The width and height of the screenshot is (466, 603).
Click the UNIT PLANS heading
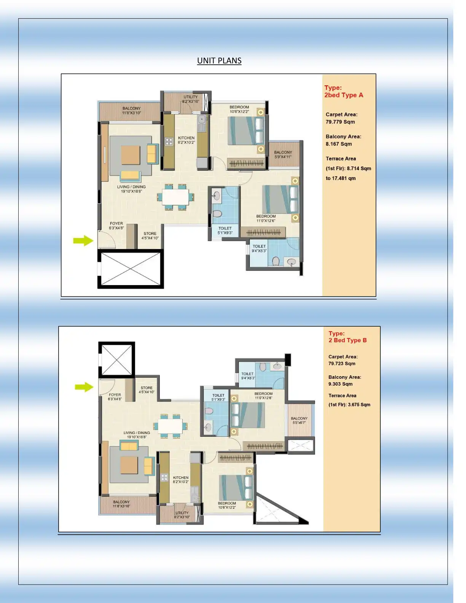(x=219, y=61)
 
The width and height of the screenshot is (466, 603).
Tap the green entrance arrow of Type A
(x=83, y=241)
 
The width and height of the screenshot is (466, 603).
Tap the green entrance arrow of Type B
(x=84, y=387)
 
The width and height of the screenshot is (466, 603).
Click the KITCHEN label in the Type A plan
(x=186, y=138)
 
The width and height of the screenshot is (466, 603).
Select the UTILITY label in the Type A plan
(x=191, y=97)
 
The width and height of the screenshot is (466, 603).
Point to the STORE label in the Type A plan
(x=150, y=234)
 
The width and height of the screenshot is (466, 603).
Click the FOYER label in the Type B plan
(x=115, y=395)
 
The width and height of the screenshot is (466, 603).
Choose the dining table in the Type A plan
(x=176, y=197)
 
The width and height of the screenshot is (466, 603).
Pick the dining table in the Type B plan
(x=171, y=426)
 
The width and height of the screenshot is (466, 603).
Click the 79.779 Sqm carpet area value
(x=340, y=122)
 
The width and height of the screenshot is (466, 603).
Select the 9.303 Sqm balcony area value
(x=340, y=384)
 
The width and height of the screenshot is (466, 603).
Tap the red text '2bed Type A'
(x=344, y=95)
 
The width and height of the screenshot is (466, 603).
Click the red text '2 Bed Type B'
(x=348, y=340)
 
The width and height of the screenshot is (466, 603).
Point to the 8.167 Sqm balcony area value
(x=338, y=144)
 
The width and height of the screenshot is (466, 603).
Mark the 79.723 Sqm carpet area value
(x=342, y=364)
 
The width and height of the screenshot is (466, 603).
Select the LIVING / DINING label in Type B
(x=137, y=433)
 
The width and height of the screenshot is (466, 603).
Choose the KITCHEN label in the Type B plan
(x=181, y=477)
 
